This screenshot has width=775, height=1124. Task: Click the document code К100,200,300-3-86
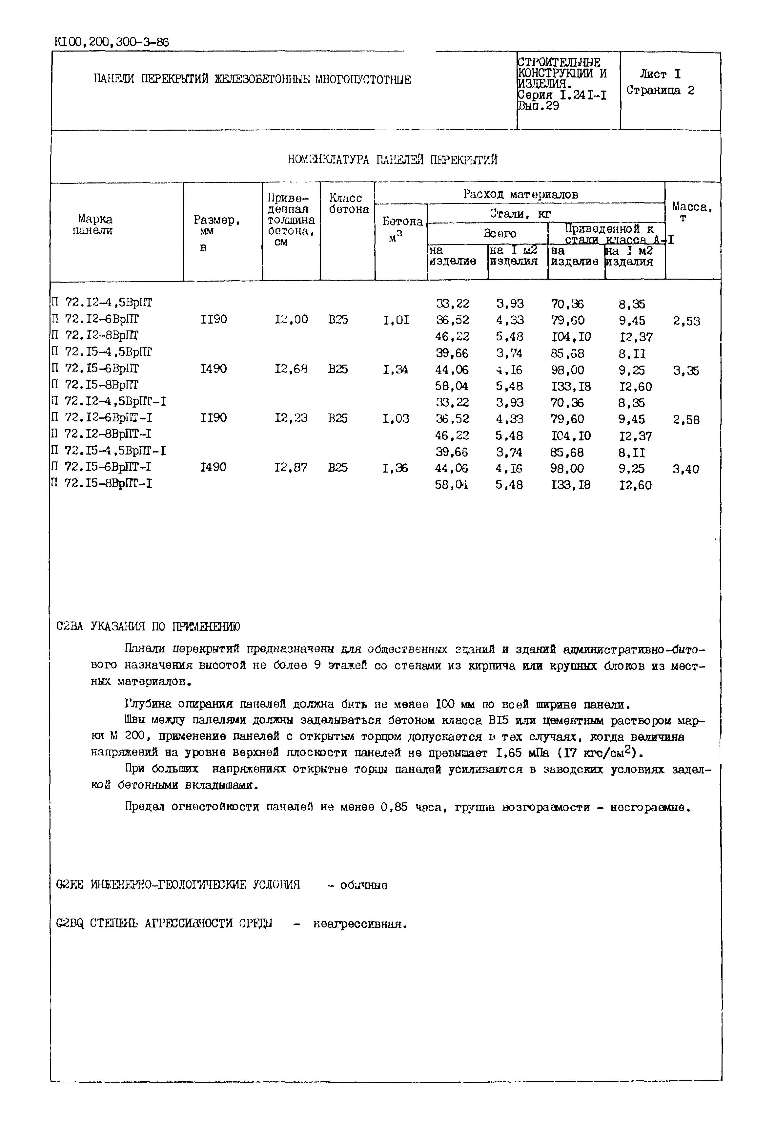(112, 42)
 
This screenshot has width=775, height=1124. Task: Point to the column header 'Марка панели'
(93, 224)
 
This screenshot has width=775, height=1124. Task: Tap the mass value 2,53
(687, 321)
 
